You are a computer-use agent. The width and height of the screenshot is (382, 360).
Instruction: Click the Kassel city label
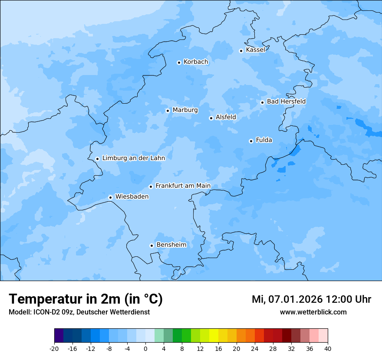click(x=255, y=50)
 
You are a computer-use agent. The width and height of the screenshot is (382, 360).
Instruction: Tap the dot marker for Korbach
click(x=179, y=62)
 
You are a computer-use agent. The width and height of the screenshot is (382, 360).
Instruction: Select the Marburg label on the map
click(x=185, y=110)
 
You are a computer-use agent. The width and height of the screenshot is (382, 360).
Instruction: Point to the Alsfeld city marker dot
click(x=211, y=118)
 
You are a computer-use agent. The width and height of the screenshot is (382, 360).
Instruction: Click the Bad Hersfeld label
click(x=286, y=101)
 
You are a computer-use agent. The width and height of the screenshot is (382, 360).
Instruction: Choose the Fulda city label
click(x=264, y=140)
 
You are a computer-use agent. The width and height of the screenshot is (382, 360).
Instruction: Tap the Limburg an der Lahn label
click(x=133, y=158)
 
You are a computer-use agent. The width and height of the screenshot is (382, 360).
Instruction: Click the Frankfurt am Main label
click(x=183, y=186)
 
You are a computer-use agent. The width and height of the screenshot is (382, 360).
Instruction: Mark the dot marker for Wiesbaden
click(x=110, y=197)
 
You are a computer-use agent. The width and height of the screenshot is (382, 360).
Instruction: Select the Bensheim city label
click(x=171, y=245)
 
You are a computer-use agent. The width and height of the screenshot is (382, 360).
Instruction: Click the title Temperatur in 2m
click(x=86, y=299)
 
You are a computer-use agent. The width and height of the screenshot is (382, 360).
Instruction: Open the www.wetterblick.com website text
click(x=313, y=312)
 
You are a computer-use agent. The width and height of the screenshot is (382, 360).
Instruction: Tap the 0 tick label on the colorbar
click(x=145, y=348)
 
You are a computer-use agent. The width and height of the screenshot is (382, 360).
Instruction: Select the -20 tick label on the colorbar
click(x=54, y=348)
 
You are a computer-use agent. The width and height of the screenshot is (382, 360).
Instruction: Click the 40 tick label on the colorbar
click(x=328, y=348)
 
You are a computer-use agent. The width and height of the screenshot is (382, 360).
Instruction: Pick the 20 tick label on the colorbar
click(x=237, y=348)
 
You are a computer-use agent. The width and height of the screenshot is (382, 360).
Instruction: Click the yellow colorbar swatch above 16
click(x=214, y=336)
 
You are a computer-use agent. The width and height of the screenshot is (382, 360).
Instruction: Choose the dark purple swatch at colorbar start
click(x=59, y=336)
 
